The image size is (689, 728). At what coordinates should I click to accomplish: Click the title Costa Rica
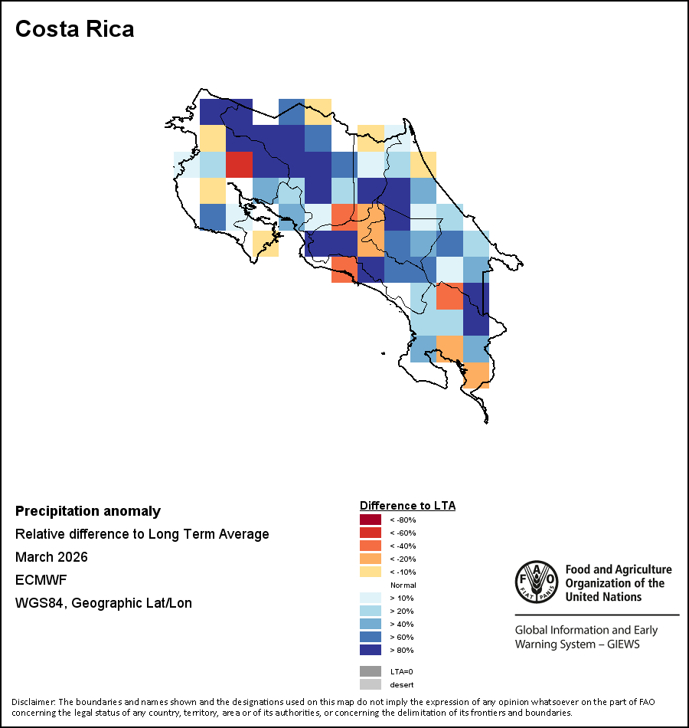click(75, 29)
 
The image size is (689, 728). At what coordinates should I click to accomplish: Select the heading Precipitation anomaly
click(88, 511)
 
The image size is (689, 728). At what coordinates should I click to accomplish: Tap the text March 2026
click(51, 557)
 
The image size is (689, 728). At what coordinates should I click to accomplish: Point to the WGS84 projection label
click(103, 603)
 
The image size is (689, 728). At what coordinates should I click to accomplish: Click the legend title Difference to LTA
click(407, 506)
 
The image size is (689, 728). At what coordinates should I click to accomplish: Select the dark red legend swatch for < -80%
click(371, 520)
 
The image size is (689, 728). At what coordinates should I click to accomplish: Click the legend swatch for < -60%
click(371, 533)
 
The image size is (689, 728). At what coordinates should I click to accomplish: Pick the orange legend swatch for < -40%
click(371, 546)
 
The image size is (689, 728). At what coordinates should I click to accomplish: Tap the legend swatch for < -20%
click(371, 559)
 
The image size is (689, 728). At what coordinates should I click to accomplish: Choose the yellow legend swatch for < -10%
click(371, 572)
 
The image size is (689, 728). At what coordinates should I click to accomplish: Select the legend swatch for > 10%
click(371, 598)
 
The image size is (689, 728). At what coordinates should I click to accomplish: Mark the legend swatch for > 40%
click(371, 625)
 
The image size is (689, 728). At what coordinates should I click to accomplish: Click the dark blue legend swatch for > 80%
click(371, 651)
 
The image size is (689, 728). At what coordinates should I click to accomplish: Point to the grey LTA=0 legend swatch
click(371, 671)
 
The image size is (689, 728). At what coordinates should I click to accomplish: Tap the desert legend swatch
click(371, 684)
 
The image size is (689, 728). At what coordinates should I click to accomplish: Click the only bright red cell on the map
click(240, 164)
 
